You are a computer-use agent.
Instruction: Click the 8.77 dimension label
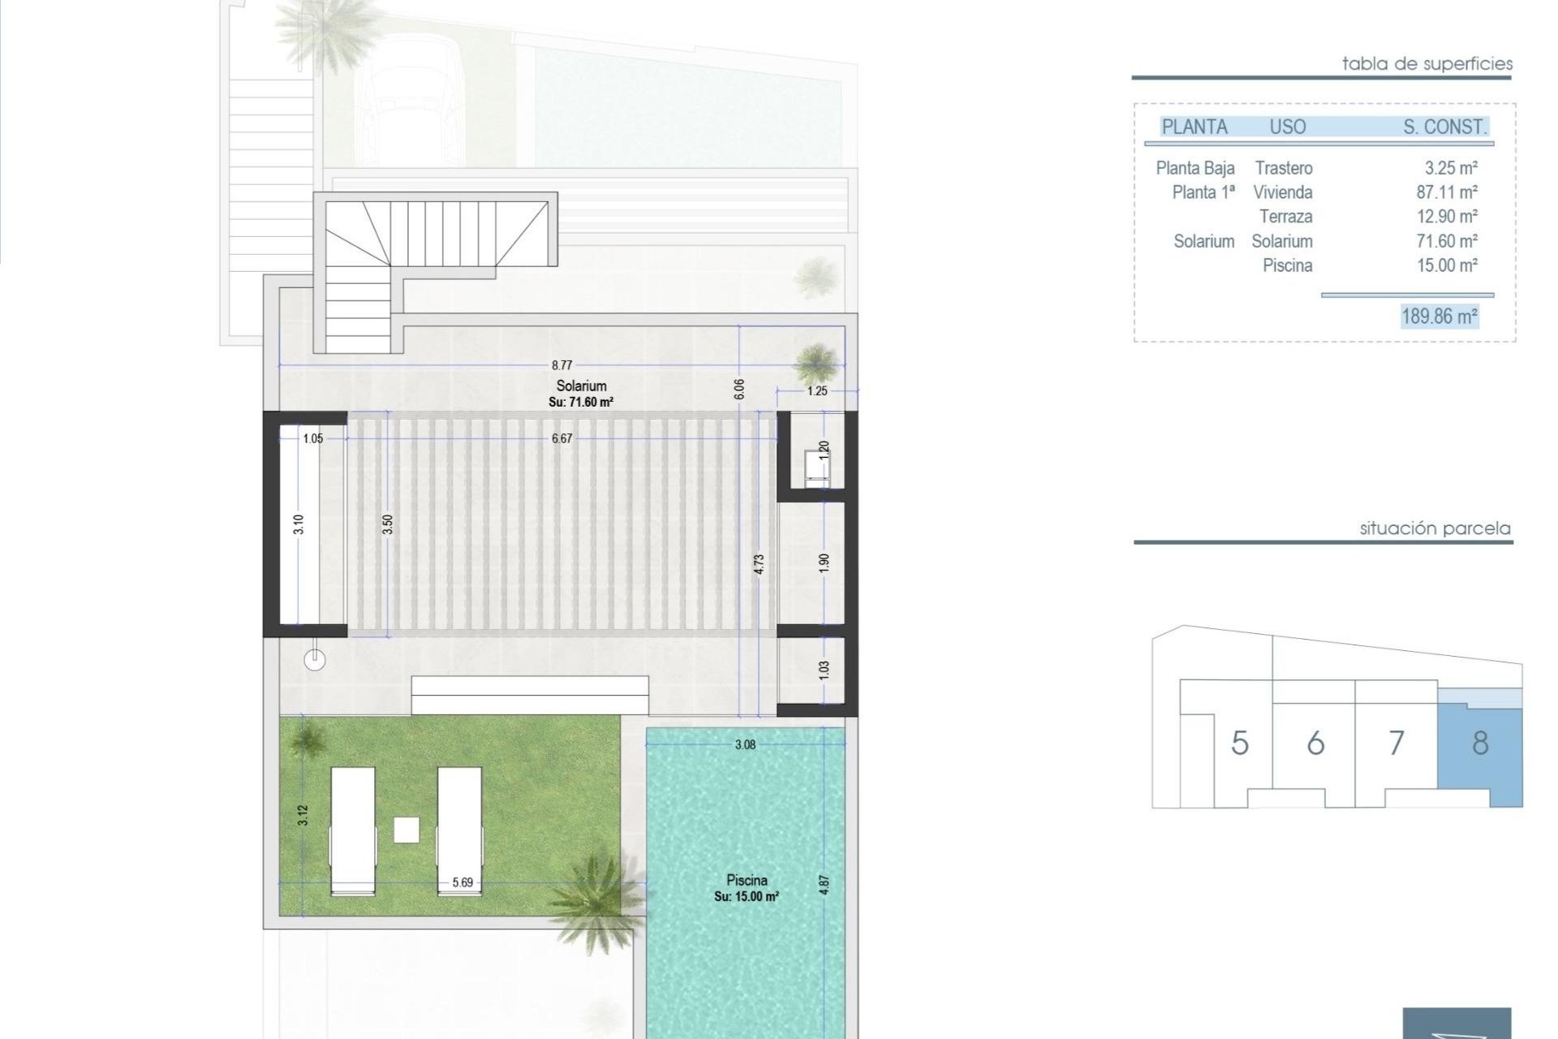(x=562, y=365)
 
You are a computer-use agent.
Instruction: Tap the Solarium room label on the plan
(x=581, y=386)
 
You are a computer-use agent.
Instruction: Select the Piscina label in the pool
(x=747, y=880)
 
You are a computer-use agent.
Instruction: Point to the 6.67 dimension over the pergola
(x=562, y=438)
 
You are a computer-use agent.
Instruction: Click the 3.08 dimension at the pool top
(x=745, y=744)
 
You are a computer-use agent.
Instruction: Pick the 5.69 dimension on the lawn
(x=463, y=882)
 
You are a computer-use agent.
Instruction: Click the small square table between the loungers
(x=407, y=830)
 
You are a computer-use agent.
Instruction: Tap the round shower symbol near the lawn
(x=315, y=660)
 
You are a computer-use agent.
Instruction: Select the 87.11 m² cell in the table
(x=1447, y=192)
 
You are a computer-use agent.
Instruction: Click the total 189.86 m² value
(x=1440, y=316)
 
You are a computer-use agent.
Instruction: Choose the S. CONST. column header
(x=1444, y=127)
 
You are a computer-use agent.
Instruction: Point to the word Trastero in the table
(x=1284, y=168)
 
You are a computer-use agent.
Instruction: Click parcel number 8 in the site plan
(x=1480, y=743)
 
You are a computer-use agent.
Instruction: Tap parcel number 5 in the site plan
(x=1239, y=743)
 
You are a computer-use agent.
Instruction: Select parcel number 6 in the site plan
(x=1315, y=743)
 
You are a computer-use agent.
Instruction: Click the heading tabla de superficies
(x=1427, y=63)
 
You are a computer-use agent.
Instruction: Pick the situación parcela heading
(x=1435, y=528)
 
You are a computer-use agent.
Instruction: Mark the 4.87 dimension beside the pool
(x=824, y=884)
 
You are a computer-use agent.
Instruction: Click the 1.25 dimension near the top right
(x=817, y=390)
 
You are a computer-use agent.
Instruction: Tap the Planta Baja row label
(x=1195, y=168)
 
